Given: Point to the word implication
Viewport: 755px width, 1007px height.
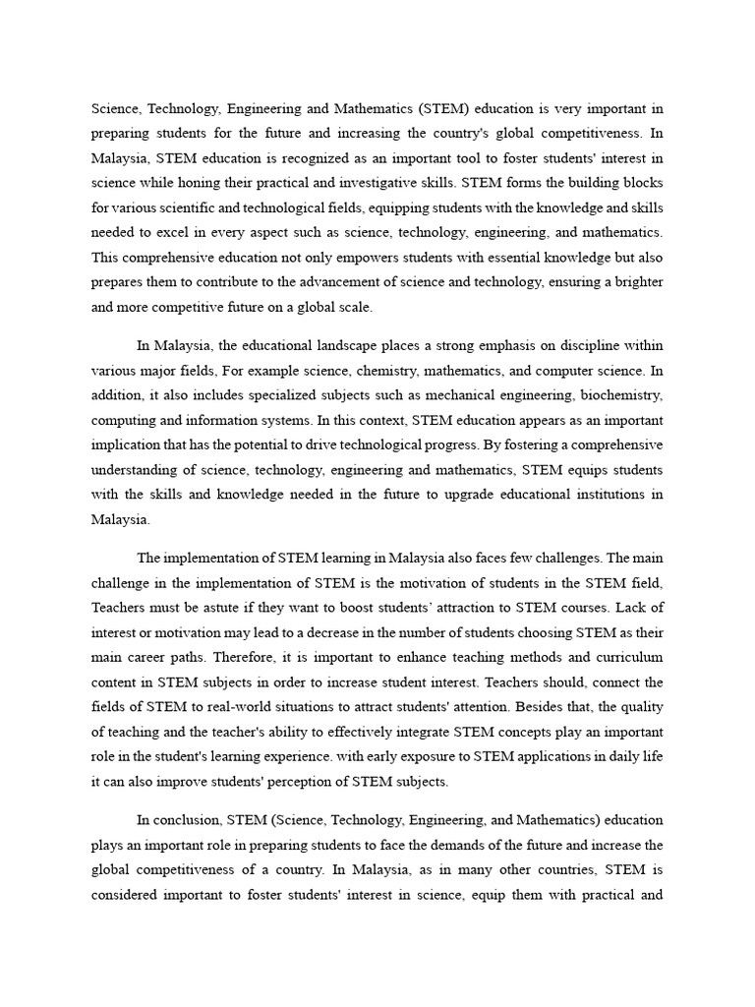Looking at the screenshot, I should [125, 444].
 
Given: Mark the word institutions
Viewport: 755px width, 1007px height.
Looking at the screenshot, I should [608, 495].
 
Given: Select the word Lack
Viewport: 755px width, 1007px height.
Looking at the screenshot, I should [644, 607].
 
